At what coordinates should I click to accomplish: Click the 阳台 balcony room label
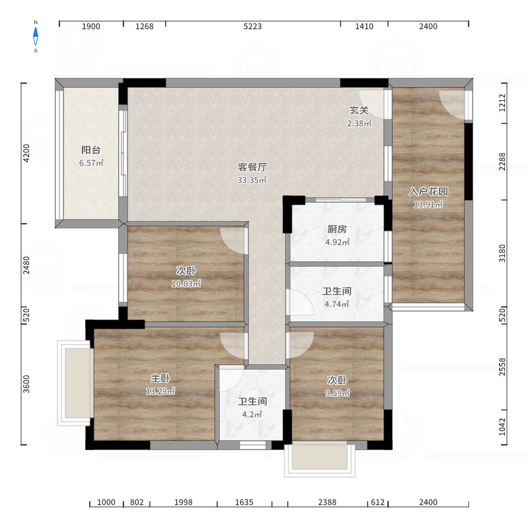[x=91, y=150]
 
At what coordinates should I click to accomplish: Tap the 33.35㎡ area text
[x=252, y=180]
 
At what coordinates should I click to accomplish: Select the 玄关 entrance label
[x=359, y=110]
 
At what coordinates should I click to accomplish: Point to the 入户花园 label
[x=428, y=191]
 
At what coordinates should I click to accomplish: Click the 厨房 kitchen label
[x=337, y=229]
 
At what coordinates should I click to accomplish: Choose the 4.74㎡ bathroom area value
[x=337, y=304]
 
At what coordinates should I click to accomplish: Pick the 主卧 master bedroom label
[x=160, y=378]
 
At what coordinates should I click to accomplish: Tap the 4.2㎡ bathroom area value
[x=252, y=414]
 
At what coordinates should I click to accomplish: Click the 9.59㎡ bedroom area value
[x=337, y=393]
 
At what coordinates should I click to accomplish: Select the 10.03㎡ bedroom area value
[x=186, y=284]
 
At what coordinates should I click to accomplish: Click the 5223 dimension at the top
[x=253, y=26]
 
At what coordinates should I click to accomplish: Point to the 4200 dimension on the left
[x=26, y=153]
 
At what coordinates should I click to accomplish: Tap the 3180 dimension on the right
[x=502, y=253]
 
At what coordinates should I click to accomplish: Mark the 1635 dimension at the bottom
[x=244, y=502]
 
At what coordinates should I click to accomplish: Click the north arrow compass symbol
[x=36, y=36]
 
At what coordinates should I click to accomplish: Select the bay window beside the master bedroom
[x=76, y=383]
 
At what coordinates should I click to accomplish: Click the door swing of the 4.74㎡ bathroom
[x=300, y=302]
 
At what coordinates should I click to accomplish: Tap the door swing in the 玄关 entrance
[x=372, y=104]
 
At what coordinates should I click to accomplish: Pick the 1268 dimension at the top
[x=145, y=26]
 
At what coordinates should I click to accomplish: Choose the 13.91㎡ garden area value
[x=428, y=205]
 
